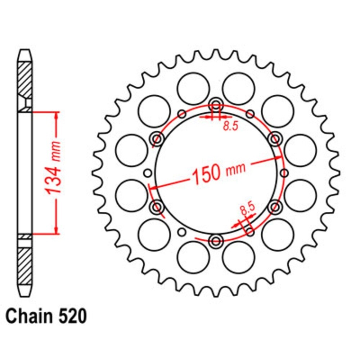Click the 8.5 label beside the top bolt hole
230,126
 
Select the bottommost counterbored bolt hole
216,240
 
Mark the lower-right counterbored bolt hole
275,207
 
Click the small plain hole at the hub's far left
147,174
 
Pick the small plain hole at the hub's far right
284,173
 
